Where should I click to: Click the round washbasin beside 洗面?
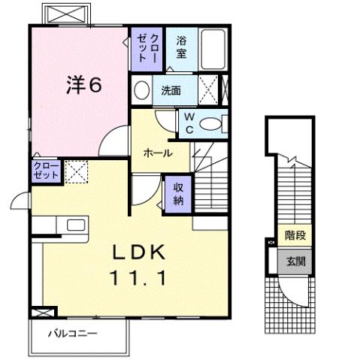(x=141, y=91)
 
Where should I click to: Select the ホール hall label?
(x=158, y=153)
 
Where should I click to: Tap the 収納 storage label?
(x=179, y=194)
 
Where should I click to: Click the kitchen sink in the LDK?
(x=76, y=224)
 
